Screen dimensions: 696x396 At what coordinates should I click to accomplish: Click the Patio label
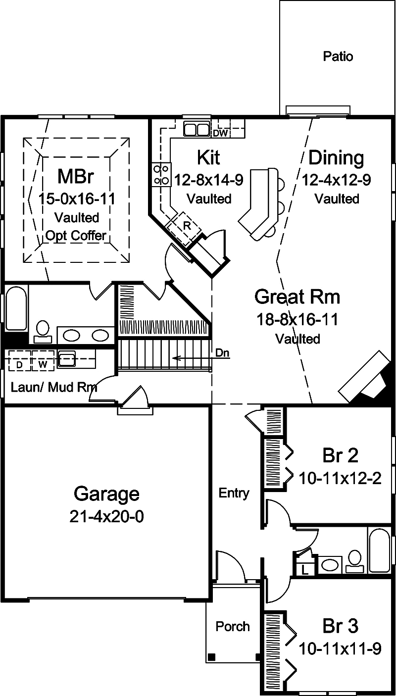pyautogui.click(x=338, y=56)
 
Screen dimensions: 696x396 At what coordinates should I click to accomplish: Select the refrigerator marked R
pyautogui.click(x=187, y=223)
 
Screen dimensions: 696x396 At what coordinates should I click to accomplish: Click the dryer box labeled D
pyautogui.click(x=19, y=365)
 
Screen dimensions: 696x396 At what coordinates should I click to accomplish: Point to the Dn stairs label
pyautogui.click(x=222, y=353)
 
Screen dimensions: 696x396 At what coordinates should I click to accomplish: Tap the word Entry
pyautogui.click(x=234, y=493)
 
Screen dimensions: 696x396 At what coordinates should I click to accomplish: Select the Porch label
pyautogui.click(x=233, y=626)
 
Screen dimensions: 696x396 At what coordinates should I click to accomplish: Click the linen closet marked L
pyautogui.click(x=305, y=569)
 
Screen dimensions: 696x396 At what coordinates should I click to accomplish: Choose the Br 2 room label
pyautogui.click(x=340, y=455)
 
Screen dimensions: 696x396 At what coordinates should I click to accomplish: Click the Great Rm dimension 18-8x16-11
pyautogui.click(x=297, y=319)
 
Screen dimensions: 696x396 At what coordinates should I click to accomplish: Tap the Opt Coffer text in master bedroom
pyautogui.click(x=76, y=236)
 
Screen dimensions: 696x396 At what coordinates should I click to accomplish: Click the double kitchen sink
pyautogui.click(x=197, y=129)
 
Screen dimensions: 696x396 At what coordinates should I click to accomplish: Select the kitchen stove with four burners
pyautogui.click(x=160, y=175)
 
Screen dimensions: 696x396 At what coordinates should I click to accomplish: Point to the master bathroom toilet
pyautogui.click(x=43, y=330)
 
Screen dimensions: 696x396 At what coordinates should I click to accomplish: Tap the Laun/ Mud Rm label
pyautogui.click(x=53, y=387)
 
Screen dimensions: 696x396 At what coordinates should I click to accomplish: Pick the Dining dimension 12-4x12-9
pyautogui.click(x=337, y=179)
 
